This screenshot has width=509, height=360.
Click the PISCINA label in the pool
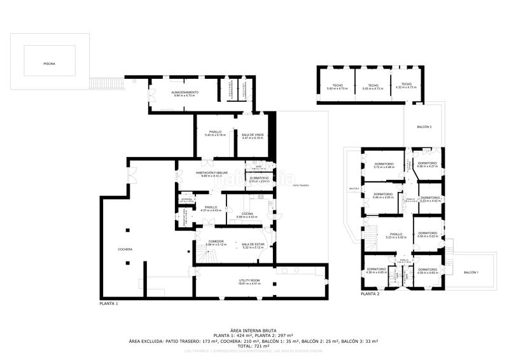[x=49, y=64]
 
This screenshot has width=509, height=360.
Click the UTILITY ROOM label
[x=249, y=282]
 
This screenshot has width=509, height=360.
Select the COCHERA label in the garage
[x=125, y=249]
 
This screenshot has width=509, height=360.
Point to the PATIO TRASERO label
[x=301, y=186]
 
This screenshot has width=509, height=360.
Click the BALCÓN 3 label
[x=424, y=127]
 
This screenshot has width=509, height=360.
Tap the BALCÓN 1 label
[x=470, y=272]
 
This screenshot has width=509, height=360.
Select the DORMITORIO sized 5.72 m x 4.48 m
[x=384, y=165]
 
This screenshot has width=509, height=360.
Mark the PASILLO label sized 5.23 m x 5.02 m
[x=396, y=235]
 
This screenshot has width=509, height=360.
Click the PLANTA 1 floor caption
[x=109, y=304]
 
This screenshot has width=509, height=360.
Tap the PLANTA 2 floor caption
[x=370, y=294]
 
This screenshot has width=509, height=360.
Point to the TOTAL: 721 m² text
[x=253, y=346]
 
